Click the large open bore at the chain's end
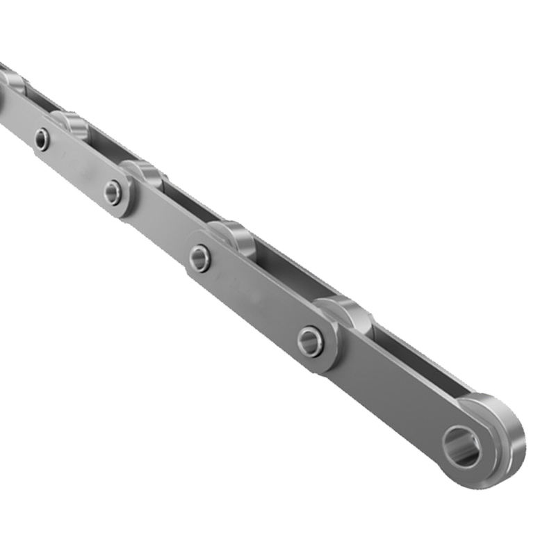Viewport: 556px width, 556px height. (x=461, y=447)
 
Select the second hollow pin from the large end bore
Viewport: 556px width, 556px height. (x=199, y=259)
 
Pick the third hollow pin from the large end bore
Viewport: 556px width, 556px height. (x=113, y=193)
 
